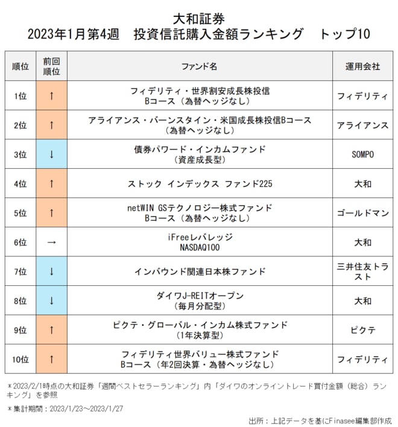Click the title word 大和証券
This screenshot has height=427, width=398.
click(199, 17)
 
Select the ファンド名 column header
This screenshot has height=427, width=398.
click(199, 66)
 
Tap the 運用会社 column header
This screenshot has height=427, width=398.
click(362, 66)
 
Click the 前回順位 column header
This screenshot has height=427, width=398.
click(51, 66)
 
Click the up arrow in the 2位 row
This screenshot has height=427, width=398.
click(51, 125)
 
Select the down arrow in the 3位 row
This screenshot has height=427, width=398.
click(51, 154)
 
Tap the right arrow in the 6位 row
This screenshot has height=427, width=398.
click(51, 242)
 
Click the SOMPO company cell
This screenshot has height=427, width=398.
click(362, 154)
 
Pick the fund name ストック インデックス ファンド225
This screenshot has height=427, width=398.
click(199, 183)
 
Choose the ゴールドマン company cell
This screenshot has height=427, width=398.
click(362, 213)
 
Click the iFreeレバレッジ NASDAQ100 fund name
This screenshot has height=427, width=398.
click(199, 242)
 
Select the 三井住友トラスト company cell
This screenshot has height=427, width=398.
click(362, 271)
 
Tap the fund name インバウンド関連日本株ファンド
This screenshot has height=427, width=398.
click(199, 271)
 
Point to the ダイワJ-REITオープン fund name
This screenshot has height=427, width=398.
click(199, 300)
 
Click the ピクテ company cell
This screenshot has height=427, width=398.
click(362, 330)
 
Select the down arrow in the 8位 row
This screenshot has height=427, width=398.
click(51, 301)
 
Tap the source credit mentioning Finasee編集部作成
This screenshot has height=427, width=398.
click(320, 420)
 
